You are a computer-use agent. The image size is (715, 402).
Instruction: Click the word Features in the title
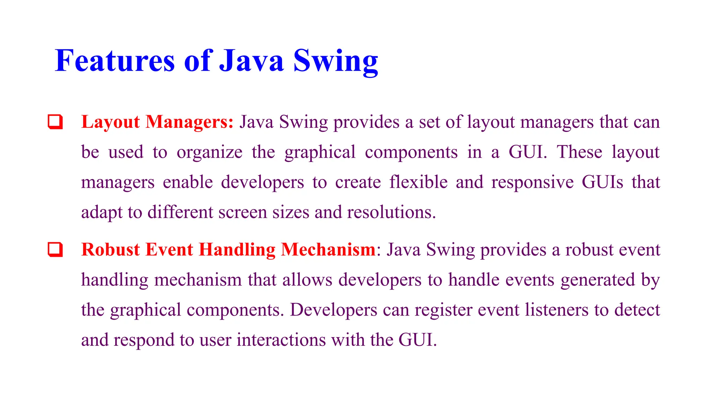(x=115, y=61)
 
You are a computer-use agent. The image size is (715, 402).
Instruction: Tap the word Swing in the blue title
(x=336, y=61)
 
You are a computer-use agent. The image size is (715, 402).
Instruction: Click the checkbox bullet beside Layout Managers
(x=55, y=122)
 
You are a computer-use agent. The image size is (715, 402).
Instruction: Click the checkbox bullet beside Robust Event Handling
(x=55, y=250)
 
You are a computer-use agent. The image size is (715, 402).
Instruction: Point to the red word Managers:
(x=189, y=122)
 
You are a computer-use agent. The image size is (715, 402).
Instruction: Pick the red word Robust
(x=110, y=250)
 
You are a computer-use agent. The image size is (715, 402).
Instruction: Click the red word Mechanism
(x=328, y=250)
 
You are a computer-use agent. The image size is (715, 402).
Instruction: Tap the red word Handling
(x=237, y=250)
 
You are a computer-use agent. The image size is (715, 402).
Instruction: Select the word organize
(x=209, y=152)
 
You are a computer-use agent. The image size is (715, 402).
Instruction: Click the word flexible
(x=418, y=182)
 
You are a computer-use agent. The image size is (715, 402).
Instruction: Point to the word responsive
(x=532, y=182)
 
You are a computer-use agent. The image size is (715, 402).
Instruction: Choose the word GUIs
(x=602, y=182)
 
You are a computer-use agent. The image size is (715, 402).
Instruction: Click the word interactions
(x=281, y=340)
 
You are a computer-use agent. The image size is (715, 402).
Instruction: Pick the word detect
(x=637, y=310)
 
